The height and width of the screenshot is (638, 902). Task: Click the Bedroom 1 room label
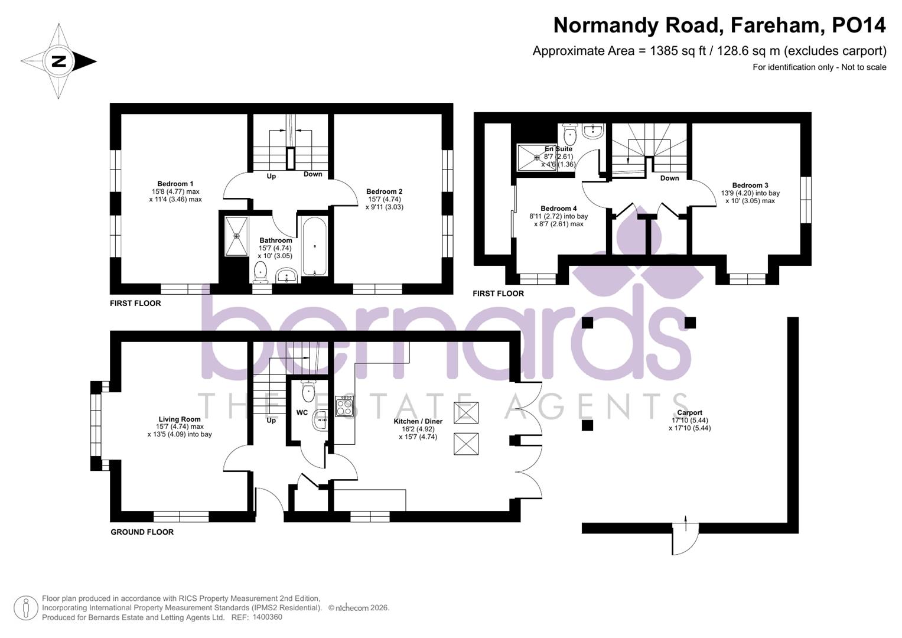click(175, 184)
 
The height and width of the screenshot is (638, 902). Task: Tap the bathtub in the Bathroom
click(314, 246)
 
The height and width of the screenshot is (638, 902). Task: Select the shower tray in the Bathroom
click(236, 236)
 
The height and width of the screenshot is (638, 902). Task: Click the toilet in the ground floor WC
click(308, 390)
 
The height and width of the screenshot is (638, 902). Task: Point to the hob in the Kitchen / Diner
click(344, 406)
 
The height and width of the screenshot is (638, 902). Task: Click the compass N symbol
click(58, 61)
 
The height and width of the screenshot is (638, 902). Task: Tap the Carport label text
click(689, 413)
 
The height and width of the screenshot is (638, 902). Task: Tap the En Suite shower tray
click(533, 157)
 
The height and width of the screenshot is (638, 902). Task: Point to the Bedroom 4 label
click(558, 209)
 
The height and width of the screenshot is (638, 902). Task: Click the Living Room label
click(180, 419)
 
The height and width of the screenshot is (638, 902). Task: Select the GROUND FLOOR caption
click(142, 532)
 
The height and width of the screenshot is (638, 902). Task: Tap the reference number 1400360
click(267, 617)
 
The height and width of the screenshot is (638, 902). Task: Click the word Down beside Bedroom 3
click(669, 178)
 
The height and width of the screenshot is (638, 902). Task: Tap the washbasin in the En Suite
click(592, 131)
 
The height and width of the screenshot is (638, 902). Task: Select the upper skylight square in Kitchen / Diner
click(465, 412)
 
